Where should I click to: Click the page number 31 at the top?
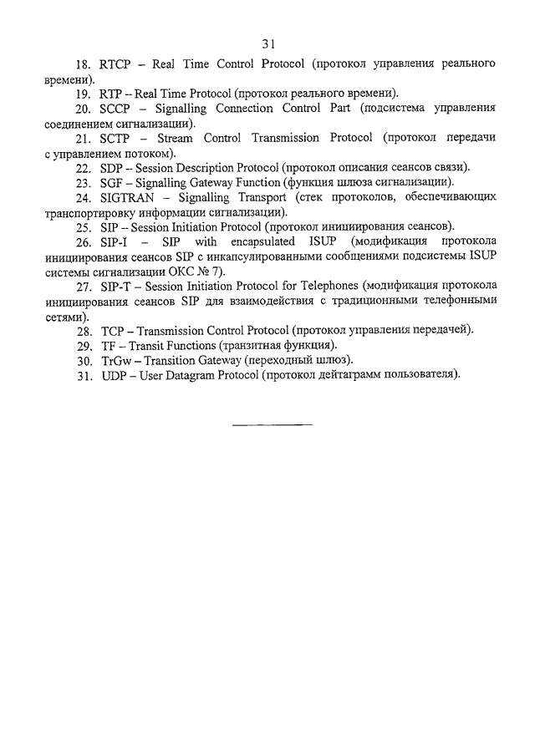(x=267, y=43)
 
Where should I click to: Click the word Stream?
(x=181, y=138)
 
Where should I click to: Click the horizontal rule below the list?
(x=272, y=425)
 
